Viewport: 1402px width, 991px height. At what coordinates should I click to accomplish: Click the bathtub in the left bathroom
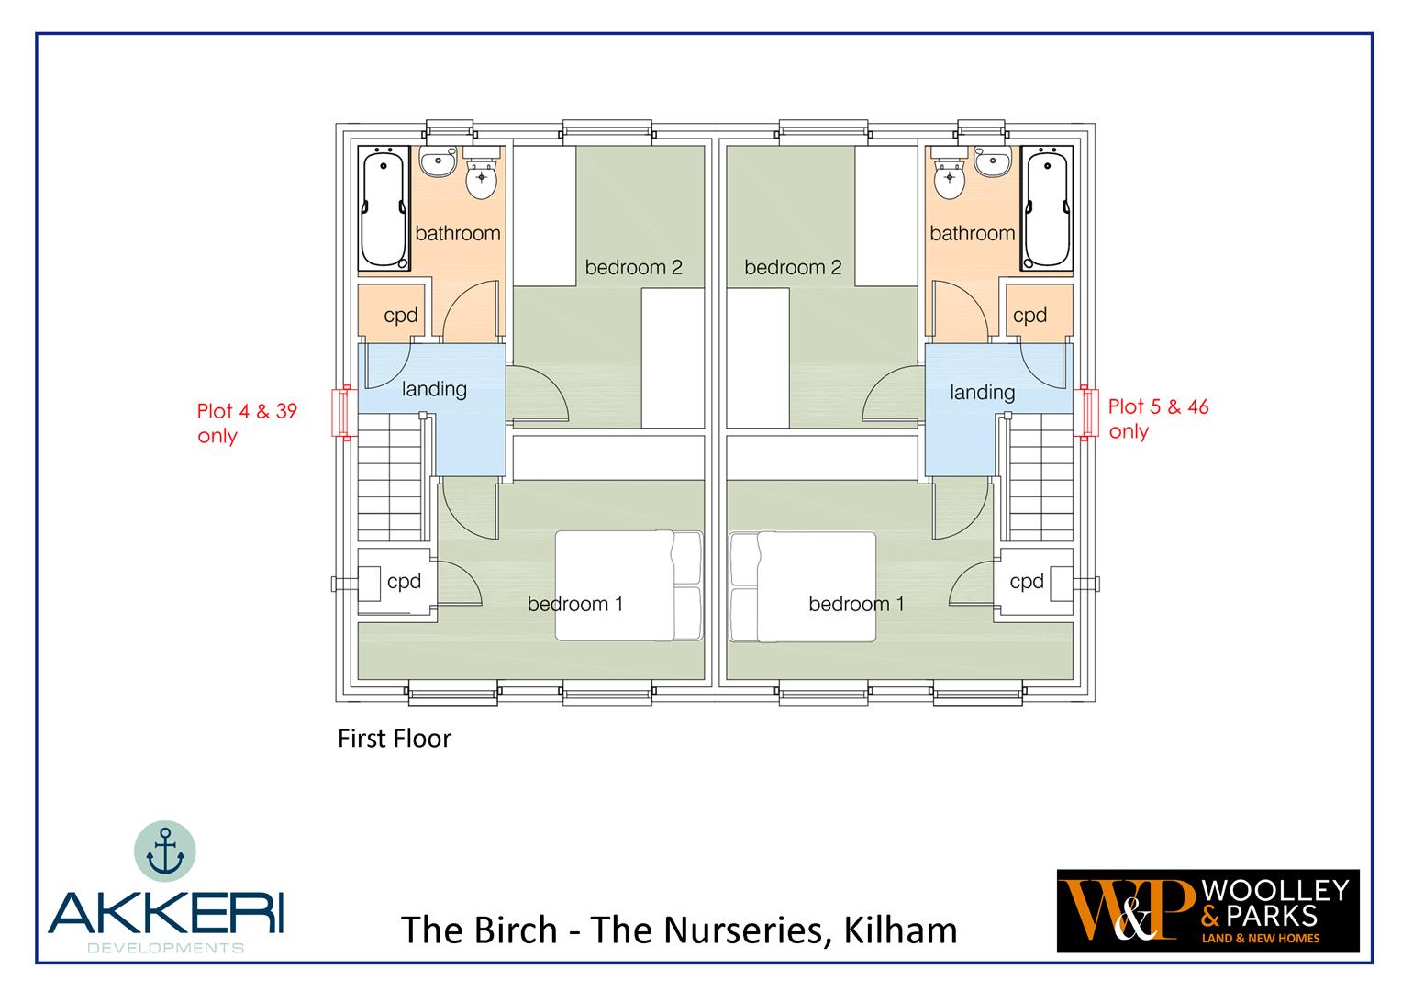[384, 208]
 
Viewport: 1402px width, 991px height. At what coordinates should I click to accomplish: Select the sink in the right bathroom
[992, 162]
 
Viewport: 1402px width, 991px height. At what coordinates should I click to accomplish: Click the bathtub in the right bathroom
[1047, 208]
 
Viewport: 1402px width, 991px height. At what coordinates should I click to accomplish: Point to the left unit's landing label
[434, 389]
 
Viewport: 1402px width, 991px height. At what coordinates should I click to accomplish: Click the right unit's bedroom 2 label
[793, 267]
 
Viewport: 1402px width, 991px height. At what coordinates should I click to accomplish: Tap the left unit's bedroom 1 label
[575, 604]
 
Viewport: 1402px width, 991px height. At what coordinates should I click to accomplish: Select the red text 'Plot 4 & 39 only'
[247, 423]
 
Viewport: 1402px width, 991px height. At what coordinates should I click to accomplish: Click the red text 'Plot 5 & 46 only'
[1158, 418]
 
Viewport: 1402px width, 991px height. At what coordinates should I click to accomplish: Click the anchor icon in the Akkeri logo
[165, 851]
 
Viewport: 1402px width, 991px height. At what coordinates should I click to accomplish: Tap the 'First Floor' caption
[395, 739]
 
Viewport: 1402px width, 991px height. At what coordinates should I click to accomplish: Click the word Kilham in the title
[901, 930]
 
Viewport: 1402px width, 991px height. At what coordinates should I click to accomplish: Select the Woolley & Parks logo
[1208, 911]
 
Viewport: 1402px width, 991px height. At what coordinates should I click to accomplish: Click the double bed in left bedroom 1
[629, 586]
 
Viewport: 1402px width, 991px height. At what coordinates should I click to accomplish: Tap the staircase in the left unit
[390, 477]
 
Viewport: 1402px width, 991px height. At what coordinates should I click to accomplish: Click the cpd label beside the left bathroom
[401, 315]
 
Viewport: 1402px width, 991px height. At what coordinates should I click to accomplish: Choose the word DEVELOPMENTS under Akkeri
[165, 948]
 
